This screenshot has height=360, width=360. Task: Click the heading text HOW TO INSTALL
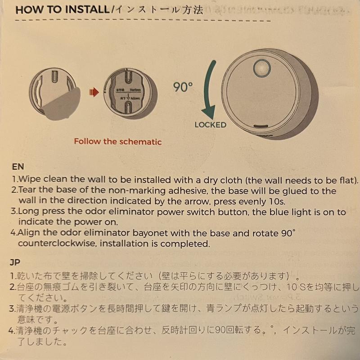coord(63,10)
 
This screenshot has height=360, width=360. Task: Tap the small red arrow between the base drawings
coord(94,92)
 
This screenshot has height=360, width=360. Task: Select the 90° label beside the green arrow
coord(183,87)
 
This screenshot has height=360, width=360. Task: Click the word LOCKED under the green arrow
coord(211,125)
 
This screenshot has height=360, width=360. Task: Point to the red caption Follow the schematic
coord(118,141)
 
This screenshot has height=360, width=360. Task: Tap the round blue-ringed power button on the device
coord(262,69)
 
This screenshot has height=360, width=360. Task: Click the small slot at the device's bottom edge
coord(261,126)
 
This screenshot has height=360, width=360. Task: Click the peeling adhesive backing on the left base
coord(62,104)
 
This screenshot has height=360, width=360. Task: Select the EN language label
coord(18,166)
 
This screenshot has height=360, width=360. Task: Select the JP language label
coord(15,262)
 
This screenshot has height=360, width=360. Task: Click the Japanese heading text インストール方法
coord(159,10)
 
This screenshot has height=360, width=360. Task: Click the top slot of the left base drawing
coord(54,76)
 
